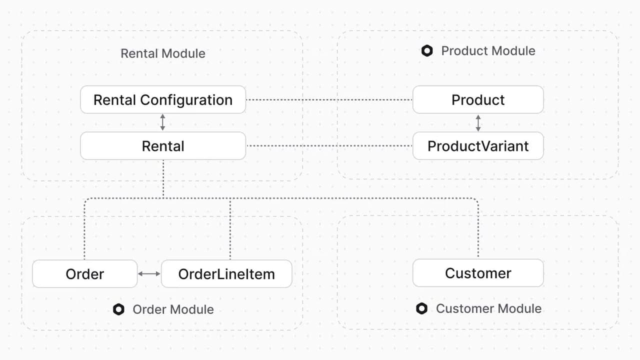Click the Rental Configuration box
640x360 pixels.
pyautogui.click(x=163, y=99)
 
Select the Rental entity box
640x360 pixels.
pyautogui.click(x=163, y=145)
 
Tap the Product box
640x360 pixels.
pyautogui.click(x=478, y=99)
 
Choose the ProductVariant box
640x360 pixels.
pyautogui.click(x=478, y=145)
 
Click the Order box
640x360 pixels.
pyautogui.click(x=85, y=273)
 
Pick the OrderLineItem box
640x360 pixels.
pyautogui.click(x=226, y=273)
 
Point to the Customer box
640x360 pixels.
pyautogui.click(x=478, y=273)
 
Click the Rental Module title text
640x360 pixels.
pyautogui.click(x=163, y=53)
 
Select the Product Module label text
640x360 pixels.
pyautogui.click(x=488, y=51)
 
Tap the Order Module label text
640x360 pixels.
pyautogui.click(x=173, y=309)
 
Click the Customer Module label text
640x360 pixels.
pyautogui.click(x=488, y=308)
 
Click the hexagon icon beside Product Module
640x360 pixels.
pyautogui.click(x=427, y=51)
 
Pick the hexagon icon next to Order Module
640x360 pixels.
pyautogui.click(x=118, y=309)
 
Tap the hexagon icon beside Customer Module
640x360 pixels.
pyautogui.click(x=421, y=308)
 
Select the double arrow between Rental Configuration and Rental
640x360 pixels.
pyautogui.click(x=162, y=122)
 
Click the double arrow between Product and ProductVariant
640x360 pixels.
pyautogui.click(x=478, y=123)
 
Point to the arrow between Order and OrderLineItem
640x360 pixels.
pyautogui.click(x=149, y=273)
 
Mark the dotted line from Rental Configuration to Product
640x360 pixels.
pyautogui.click(x=329, y=99)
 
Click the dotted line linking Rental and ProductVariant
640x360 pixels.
pyautogui.click(x=329, y=145)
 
